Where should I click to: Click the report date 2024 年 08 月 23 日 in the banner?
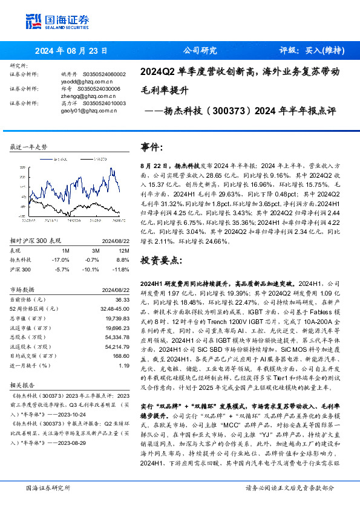71,51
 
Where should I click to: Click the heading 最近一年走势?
28,147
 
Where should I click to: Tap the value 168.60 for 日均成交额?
121,357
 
